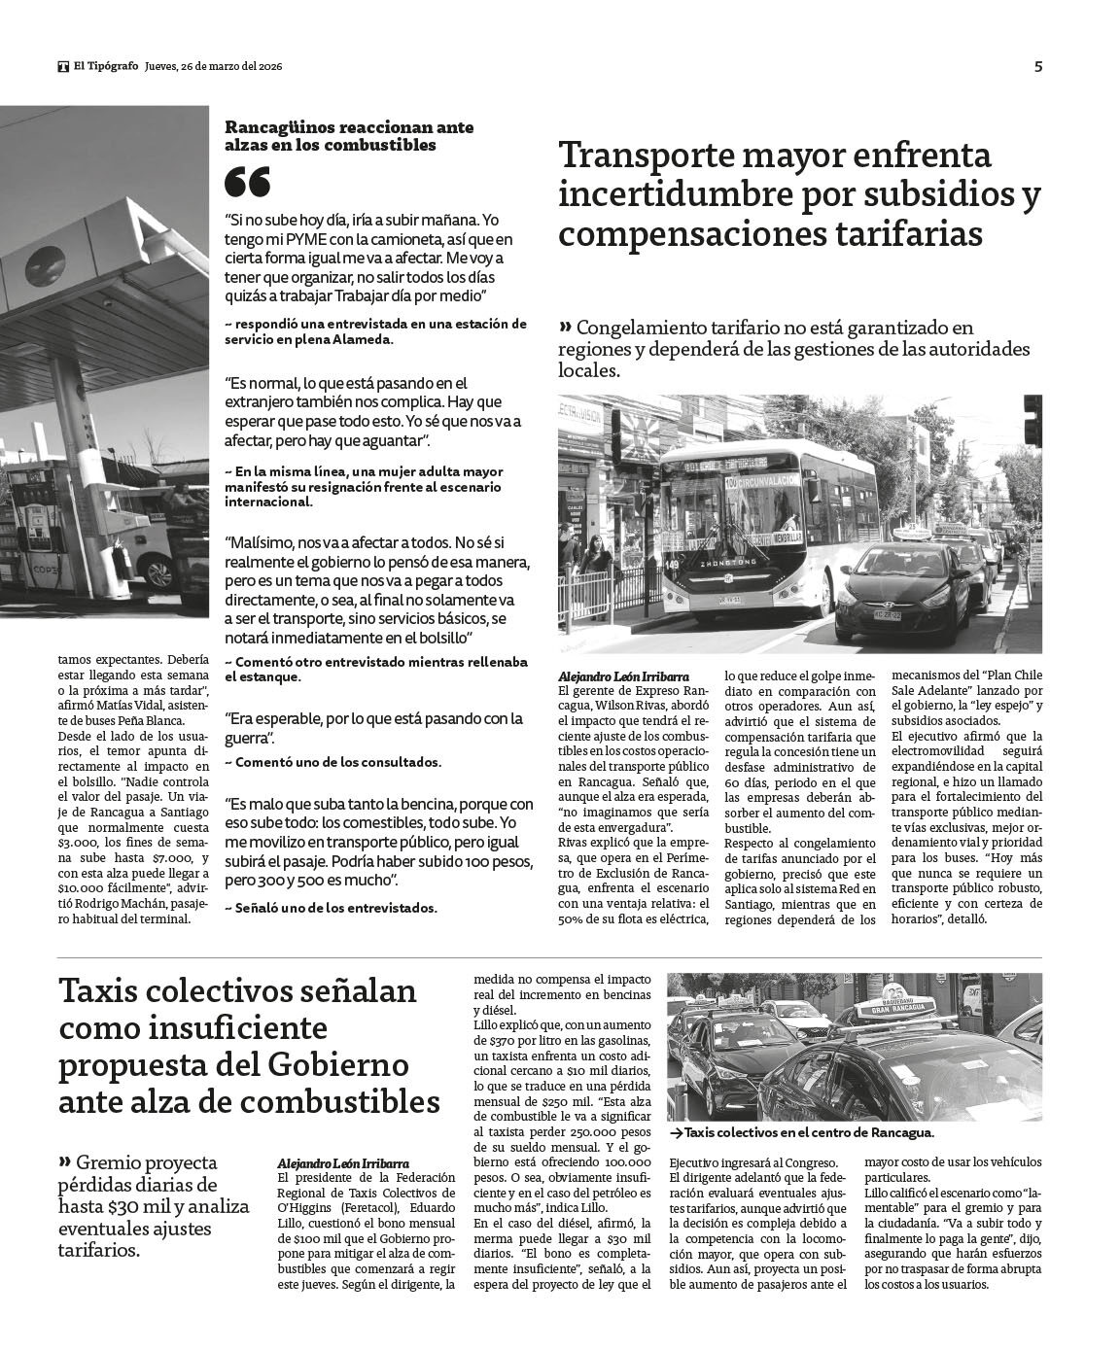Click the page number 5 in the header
[1038, 67]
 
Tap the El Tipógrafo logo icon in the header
[63, 67]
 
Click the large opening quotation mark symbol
[247, 182]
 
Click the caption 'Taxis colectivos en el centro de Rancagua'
[807, 1133]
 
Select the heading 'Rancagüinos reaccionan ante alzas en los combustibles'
[331, 136]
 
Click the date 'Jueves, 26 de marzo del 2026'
[213, 67]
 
